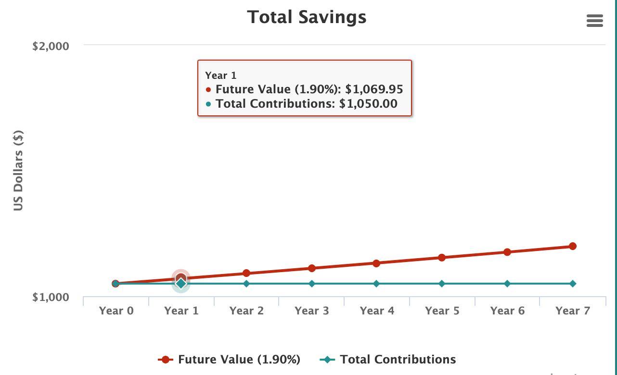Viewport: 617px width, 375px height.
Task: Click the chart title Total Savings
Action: click(307, 17)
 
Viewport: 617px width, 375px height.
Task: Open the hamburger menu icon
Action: click(595, 21)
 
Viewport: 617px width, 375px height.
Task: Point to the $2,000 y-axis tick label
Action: click(51, 46)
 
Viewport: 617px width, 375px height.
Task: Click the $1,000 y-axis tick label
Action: click(51, 297)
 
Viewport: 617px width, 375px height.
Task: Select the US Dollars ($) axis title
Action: click(18, 170)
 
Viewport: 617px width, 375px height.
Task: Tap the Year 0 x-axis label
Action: click(116, 311)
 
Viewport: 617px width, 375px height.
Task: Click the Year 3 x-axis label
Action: click(312, 311)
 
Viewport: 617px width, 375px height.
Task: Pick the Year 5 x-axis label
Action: click(442, 311)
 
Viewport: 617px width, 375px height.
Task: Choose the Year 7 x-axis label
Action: click(573, 311)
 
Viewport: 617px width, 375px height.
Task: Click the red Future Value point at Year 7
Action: click(573, 246)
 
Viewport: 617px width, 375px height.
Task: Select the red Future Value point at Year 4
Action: click(376, 263)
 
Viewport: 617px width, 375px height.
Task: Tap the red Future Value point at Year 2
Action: click(246, 273)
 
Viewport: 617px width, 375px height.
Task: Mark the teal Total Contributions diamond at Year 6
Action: click(507, 284)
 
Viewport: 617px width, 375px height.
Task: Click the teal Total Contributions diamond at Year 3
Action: click(312, 284)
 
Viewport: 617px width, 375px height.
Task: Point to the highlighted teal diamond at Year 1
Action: click(181, 284)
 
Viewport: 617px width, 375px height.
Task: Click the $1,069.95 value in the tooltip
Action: click(374, 89)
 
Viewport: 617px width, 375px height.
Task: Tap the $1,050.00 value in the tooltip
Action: click(368, 104)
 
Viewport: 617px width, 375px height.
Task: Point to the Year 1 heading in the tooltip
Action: click(220, 75)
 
